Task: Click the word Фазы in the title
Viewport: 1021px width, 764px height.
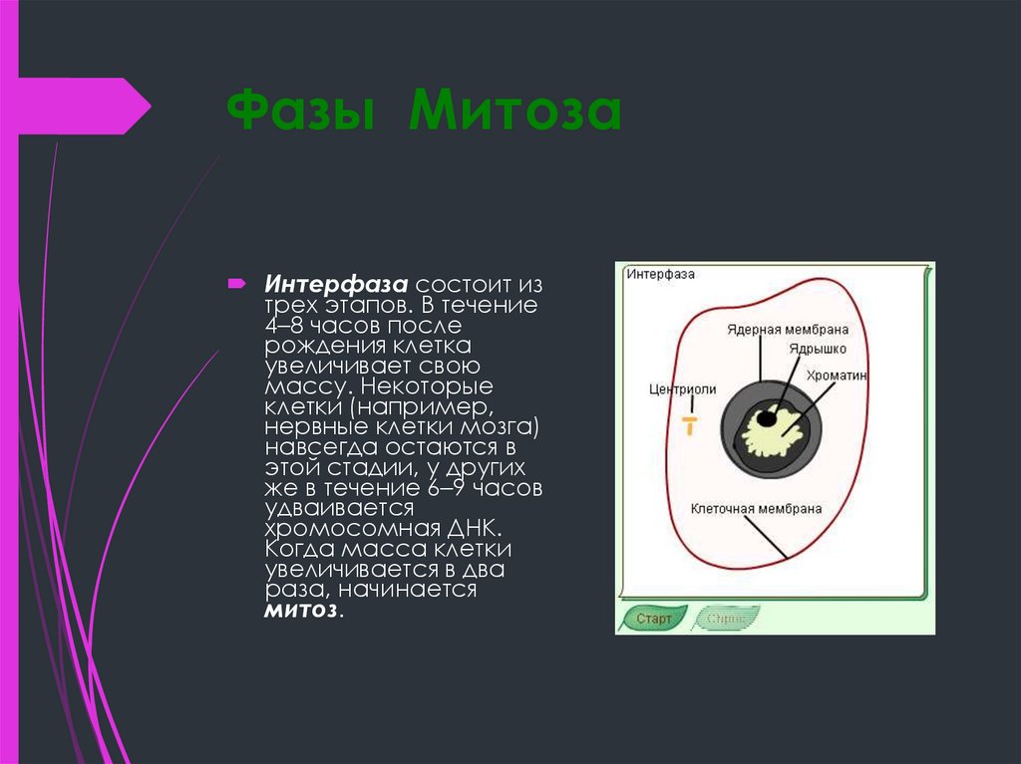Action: (301, 112)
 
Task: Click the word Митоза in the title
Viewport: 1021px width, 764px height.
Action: (513, 112)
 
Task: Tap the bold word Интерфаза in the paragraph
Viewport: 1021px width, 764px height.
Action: (337, 285)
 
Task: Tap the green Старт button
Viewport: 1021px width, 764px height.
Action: (654, 619)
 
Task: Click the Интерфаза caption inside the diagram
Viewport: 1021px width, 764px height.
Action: (661, 274)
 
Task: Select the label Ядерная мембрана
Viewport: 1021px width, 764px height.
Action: (775, 329)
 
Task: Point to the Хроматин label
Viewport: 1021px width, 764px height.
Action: (838, 376)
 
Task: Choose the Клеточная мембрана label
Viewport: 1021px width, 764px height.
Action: (757, 508)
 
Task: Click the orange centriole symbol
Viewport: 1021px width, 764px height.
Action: (688, 424)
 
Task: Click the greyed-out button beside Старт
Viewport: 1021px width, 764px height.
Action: (726, 619)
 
